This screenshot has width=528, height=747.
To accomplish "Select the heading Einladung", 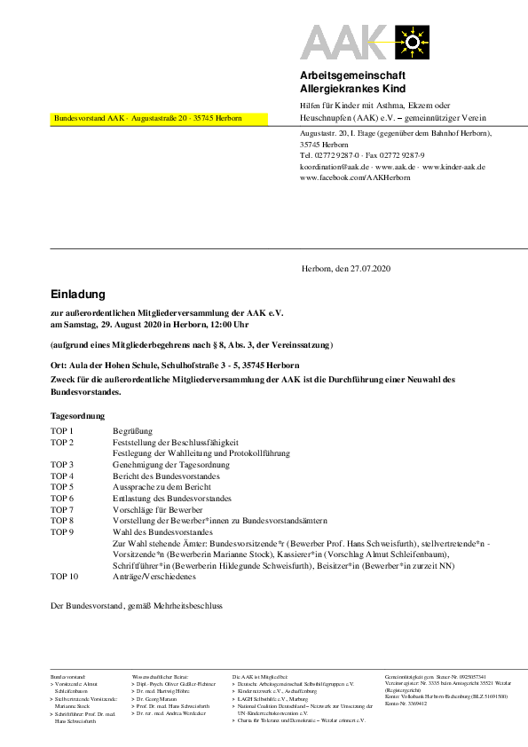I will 78,294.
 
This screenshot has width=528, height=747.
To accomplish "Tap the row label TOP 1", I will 62,430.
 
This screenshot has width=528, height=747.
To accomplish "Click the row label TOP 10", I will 64,576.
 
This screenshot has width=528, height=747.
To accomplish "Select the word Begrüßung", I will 133,430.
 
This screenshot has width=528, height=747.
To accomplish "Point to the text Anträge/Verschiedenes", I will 154,576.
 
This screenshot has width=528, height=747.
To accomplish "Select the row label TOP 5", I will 62,487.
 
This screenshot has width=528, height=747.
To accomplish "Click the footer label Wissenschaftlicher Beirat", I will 160,675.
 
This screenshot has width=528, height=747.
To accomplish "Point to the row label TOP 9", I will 62,532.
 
